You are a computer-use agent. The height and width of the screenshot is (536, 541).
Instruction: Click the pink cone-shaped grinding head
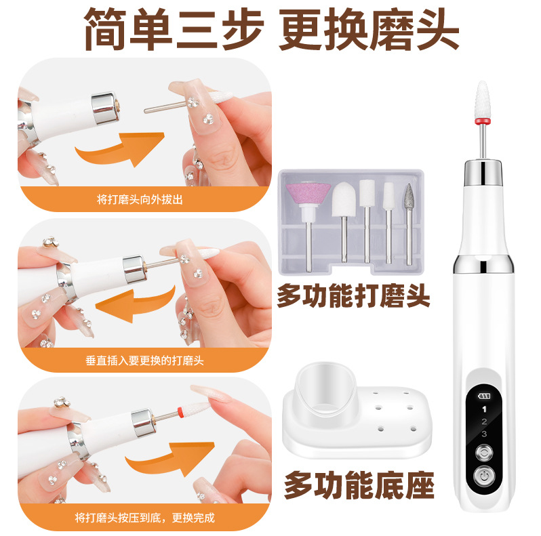click(308, 194)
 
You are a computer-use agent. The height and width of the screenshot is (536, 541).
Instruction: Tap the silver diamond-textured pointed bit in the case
click(409, 197)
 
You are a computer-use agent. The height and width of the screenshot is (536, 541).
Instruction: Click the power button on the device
click(484, 476)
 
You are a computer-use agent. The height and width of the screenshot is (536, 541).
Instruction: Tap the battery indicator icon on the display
click(484, 396)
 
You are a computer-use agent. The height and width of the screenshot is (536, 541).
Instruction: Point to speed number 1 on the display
click(484, 409)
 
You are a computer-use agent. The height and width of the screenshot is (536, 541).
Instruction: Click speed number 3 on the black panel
click(484, 434)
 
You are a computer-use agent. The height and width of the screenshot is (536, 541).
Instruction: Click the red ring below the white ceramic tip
click(482, 121)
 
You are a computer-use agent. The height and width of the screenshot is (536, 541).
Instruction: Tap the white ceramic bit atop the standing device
click(482, 100)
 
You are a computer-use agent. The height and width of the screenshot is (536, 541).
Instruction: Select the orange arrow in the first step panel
click(121, 148)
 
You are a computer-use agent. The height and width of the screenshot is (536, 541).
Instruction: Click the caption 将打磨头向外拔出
click(140, 199)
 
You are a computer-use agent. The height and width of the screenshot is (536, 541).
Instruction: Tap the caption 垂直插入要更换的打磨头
click(144, 360)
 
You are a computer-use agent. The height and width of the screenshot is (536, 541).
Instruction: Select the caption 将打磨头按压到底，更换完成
click(144, 518)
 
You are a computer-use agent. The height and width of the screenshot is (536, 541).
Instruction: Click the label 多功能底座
click(359, 485)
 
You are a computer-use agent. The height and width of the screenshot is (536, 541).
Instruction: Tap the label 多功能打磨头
click(354, 295)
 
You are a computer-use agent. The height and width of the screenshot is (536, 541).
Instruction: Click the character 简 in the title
click(105, 29)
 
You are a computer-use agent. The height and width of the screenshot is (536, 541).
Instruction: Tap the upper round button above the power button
click(484, 453)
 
